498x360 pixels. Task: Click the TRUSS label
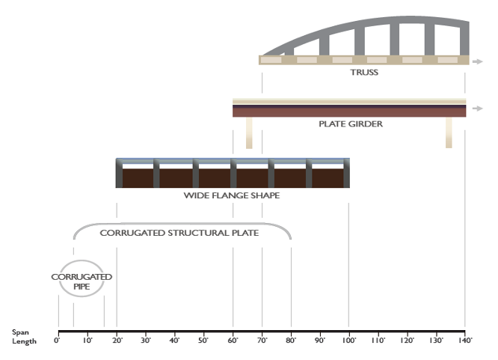[x=364, y=73]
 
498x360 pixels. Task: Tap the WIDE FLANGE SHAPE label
[x=231, y=195]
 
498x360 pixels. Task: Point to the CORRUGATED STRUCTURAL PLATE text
[x=179, y=233]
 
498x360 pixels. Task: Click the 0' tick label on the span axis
[x=57, y=341]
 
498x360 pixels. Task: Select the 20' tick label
[x=116, y=341]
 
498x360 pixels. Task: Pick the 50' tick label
[x=203, y=341]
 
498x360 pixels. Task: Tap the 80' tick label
[x=291, y=341]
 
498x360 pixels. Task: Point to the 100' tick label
[x=348, y=341]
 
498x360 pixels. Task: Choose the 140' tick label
[x=465, y=341]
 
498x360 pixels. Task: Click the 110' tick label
[x=378, y=341]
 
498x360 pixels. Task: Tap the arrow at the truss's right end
[x=475, y=60]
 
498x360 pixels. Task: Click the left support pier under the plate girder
[x=249, y=132]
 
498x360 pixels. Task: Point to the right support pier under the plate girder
[x=449, y=132]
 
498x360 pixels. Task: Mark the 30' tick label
[x=145, y=341]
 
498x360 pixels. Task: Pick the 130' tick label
[x=436, y=341]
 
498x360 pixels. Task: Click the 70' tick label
[x=262, y=341]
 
